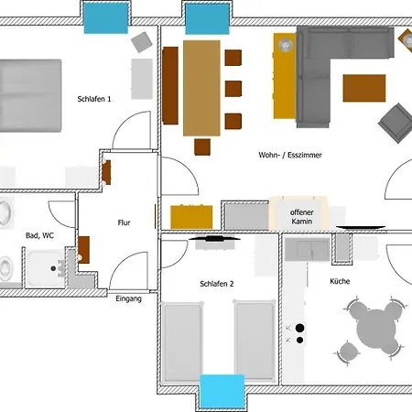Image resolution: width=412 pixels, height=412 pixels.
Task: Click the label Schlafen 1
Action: pos(94,99)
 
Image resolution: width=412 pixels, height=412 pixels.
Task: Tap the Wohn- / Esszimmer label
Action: pos(290,155)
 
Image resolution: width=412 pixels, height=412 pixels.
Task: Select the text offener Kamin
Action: pos(301,217)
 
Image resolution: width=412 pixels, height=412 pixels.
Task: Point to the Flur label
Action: pos(124,222)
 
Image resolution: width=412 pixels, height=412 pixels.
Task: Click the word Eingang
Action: pos(128,298)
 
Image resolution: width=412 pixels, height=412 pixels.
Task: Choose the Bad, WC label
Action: pos(39,235)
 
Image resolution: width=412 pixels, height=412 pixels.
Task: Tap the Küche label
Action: pos(340,281)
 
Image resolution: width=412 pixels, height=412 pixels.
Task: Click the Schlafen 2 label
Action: pos(217,284)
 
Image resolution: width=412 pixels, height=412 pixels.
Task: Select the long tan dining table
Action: pos(201,88)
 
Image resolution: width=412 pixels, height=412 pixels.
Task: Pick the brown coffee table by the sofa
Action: pos(364,88)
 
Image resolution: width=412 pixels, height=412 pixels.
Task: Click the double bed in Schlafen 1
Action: pos(30,96)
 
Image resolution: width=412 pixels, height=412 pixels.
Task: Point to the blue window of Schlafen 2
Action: pos(222,392)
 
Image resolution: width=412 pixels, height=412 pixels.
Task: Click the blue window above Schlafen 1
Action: pos(106,18)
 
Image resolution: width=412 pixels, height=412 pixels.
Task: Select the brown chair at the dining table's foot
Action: pos(202,146)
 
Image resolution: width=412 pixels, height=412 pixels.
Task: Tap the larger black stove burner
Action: pos(299,328)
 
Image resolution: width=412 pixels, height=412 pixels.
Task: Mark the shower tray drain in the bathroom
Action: pos(53,268)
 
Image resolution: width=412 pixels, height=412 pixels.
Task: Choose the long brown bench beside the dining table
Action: pos(170,85)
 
